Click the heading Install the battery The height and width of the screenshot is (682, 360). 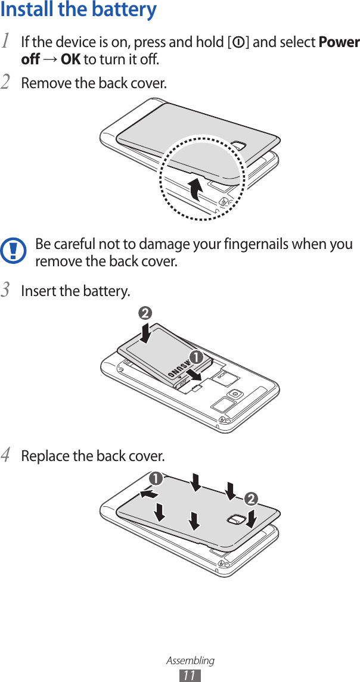(79, 10)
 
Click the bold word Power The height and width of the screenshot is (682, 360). (339, 42)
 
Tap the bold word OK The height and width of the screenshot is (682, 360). (70, 60)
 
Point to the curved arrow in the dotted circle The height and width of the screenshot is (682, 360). (194, 188)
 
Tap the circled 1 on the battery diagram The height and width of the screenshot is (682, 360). (194, 357)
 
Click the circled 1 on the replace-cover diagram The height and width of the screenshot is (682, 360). (156, 478)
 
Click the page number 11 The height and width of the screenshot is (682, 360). (190, 675)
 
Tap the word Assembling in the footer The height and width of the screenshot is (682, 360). (190, 661)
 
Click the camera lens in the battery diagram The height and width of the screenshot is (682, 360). (236, 394)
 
